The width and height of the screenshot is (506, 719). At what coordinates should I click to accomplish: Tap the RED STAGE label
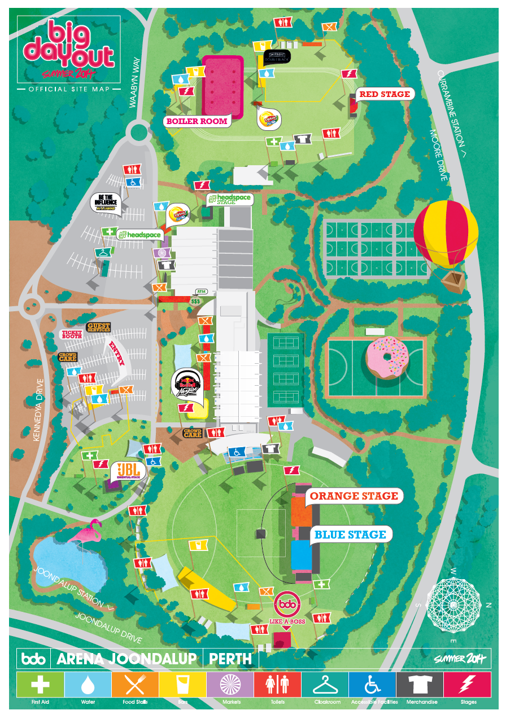(x=384, y=94)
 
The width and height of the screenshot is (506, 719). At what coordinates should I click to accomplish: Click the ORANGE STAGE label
(x=354, y=496)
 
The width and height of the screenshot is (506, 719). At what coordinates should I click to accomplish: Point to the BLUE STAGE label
(x=350, y=535)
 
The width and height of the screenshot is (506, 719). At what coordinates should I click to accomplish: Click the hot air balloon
(x=446, y=237)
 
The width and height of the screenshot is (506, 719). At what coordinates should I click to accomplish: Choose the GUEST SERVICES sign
(x=98, y=327)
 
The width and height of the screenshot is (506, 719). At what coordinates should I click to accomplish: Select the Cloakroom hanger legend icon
(x=324, y=685)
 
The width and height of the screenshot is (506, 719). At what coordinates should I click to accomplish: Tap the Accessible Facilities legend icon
(x=372, y=685)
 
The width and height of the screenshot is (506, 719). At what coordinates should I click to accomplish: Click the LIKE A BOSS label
(x=286, y=621)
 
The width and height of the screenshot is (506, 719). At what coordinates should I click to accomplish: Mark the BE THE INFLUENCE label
(x=106, y=202)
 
